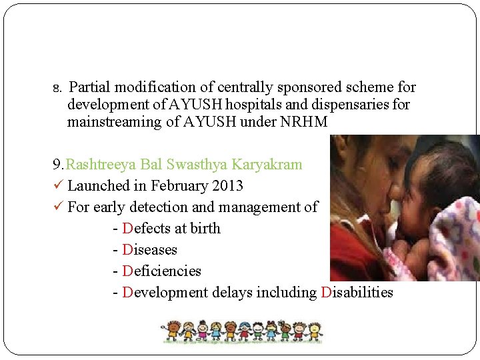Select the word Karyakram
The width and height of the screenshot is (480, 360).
(x=268, y=165)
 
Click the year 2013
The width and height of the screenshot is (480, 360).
(x=227, y=186)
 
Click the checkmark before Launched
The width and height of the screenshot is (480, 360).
(x=58, y=186)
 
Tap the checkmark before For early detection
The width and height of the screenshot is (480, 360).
(x=58, y=207)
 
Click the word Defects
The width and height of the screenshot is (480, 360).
(x=146, y=229)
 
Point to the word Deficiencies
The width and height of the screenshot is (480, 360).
(x=162, y=271)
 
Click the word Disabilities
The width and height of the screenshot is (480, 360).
(x=357, y=293)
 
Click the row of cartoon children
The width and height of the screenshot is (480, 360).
(x=241, y=331)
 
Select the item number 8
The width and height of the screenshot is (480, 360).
(x=57, y=88)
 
